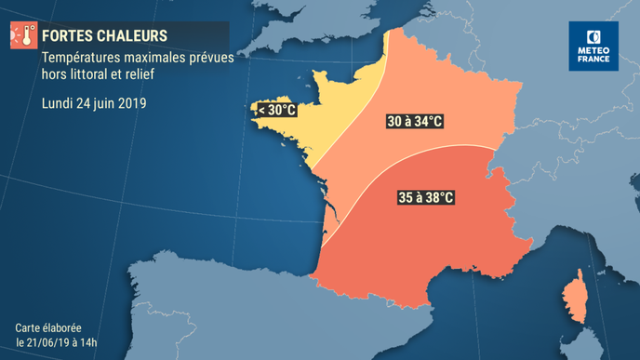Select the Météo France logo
[x=593, y=47]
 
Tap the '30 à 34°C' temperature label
[x=414, y=122]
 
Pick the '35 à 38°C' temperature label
[x=425, y=197]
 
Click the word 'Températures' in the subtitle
[x=81, y=59]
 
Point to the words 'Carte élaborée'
[x=48, y=328]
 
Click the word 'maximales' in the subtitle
[x=158, y=59]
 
